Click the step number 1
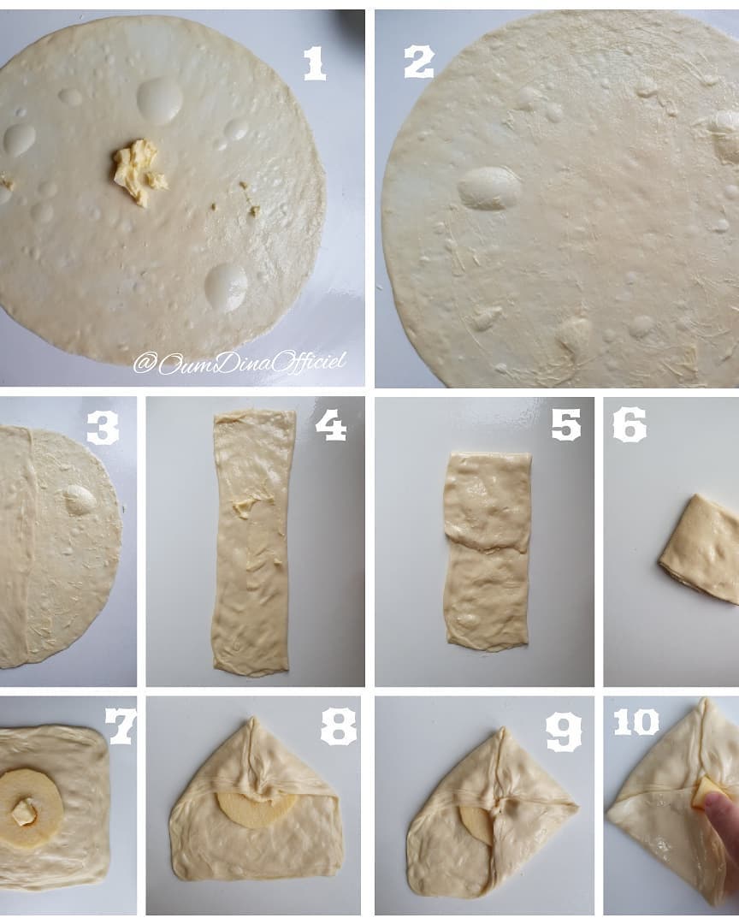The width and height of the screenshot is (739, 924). tap(315, 63)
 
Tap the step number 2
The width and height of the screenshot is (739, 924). tap(419, 62)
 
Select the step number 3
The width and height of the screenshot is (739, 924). tap(103, 427)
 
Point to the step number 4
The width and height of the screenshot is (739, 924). tap(331, 425)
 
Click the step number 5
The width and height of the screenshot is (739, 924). tap(565, 425)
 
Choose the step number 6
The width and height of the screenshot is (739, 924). tap(630, 425)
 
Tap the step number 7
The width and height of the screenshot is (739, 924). tap(121, 726)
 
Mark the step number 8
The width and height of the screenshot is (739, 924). tap(338, 726)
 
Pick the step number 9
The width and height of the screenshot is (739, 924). tap(564, 732)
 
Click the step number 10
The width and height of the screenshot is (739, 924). tap(636, 722)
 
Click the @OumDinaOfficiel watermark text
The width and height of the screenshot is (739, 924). tap(239, 363)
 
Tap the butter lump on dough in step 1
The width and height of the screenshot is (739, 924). tap(138, 171)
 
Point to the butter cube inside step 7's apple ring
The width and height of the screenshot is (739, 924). tap(24, 814)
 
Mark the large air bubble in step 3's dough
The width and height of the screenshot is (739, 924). tap(80, 499)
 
